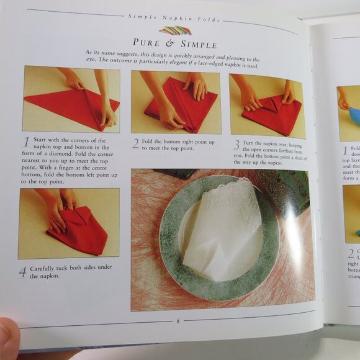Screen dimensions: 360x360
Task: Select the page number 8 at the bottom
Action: click(178, 320)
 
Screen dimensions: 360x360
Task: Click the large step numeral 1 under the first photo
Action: click(27, 142)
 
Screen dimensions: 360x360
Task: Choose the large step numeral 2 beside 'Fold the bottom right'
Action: click(135, 144)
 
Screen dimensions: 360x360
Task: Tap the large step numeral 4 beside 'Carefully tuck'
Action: click(23, 272)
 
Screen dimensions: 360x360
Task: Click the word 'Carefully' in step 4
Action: click(47, 269)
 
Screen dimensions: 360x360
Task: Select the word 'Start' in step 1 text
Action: click(42, 140)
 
